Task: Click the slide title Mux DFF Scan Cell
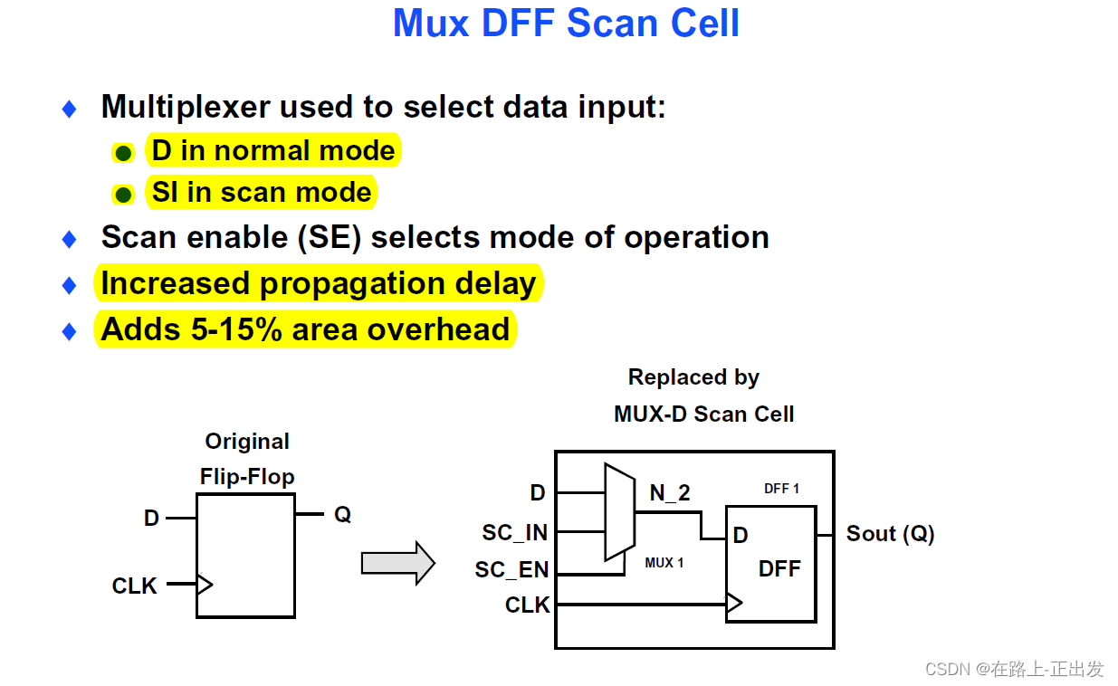(566, 24)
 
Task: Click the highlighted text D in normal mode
(273, 151)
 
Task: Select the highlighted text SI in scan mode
(262, 193)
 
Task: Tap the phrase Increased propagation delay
(319, 283)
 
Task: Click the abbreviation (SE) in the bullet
(334, 237)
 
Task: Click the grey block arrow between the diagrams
(397, 563)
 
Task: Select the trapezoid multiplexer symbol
(619, 512)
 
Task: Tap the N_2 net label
(670, 492)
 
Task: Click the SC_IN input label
(514, 533)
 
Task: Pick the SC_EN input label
(511, 570)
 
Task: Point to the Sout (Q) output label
(890, 534)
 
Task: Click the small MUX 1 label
(664, 563)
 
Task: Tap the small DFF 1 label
(781, 489)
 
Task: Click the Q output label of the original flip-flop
(342, 514)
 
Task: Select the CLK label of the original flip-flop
(134, 586)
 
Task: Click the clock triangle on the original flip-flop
(205, 584)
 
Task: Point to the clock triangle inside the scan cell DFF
(734, 603)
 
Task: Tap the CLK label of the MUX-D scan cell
(527, 605)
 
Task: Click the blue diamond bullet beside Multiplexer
(70, 110)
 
